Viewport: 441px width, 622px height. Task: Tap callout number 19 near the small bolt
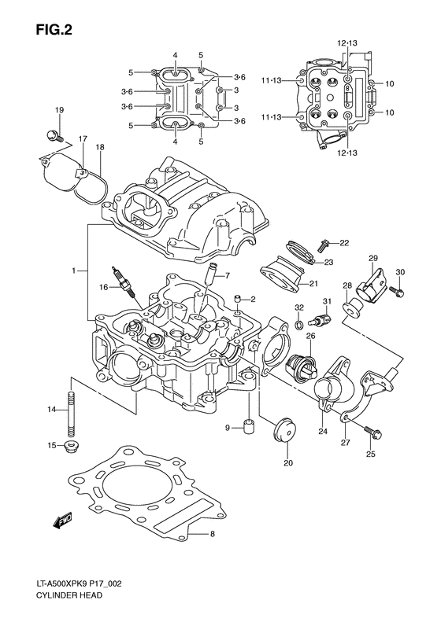[x=59, y=109]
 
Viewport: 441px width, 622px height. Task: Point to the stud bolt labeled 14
[x=72, y=410]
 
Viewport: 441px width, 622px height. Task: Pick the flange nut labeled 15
[x=72, y=447]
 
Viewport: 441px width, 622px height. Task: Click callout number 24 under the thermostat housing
[x=322, y=431]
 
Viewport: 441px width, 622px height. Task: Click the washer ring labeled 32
[x=300, y=324]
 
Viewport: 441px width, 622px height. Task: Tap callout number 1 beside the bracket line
[x=73, y=271]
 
